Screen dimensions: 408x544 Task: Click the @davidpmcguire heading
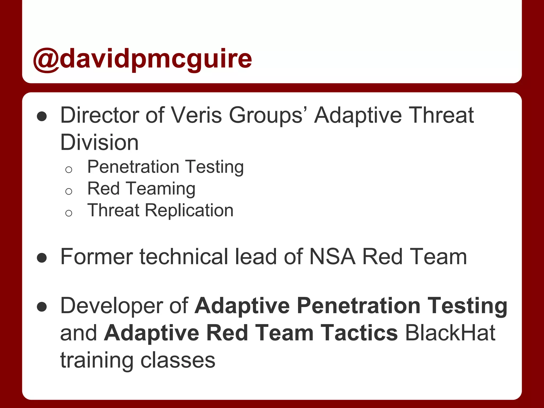tap(142, 59)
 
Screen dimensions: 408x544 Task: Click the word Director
tap(100, 115)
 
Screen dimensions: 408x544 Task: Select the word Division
tap(99, 142)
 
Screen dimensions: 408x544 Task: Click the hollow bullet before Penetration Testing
tap(69, 169)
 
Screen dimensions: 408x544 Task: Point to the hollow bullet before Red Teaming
tap(69, 191)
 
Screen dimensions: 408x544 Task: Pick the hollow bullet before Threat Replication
tap(69, 213)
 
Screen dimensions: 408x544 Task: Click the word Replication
tap(189, 210)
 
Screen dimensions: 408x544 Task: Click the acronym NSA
tap(332, 257)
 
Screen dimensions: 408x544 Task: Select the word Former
tap(97, 257)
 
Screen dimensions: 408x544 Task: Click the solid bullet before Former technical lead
tap(42, 258)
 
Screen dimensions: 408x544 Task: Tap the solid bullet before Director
tap(42, 116)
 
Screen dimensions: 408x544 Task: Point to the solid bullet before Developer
tap(42, 307)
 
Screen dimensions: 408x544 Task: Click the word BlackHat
tap(450, 333)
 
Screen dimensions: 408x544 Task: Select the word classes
tap(178, 360)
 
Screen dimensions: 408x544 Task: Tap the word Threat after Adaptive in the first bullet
tap(441, 115)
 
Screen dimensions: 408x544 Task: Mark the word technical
tap(184, 257)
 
